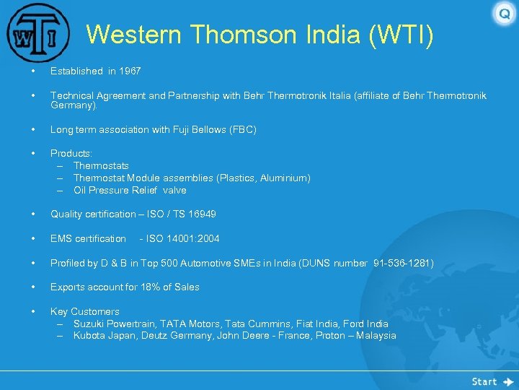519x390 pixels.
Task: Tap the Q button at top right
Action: pos(504,14)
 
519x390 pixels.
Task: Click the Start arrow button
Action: pos(493,381)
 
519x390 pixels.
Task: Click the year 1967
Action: pos(130,71)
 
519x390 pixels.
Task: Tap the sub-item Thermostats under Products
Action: pos(101,166)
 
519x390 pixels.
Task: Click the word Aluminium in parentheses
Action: pos(285,178)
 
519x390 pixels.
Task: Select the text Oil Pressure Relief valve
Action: pos(130,191)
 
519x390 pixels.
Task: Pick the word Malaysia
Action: pos(374,336)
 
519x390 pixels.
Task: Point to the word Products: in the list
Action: pos(71,154)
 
